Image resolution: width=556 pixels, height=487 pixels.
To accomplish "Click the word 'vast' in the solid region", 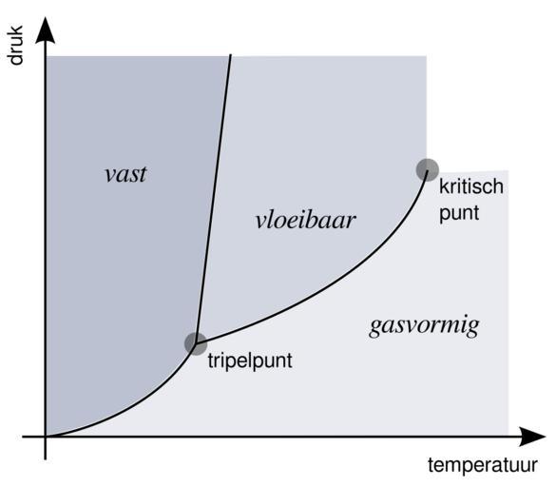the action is (x=125, y=174).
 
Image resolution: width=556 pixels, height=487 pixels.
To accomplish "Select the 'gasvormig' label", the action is (x=424, y=326).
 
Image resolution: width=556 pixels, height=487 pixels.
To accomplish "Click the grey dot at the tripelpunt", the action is (x=196, y=344).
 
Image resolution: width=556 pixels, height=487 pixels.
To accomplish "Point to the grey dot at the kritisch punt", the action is (x=428, y=170).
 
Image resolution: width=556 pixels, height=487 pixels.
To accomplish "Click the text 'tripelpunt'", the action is (x=250, y=361).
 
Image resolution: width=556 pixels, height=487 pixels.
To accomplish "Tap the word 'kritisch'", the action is (x=471, y=186).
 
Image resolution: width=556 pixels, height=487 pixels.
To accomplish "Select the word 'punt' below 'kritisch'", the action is (x=459, y=214).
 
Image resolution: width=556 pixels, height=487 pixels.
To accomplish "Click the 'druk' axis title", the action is (x=15, y=45).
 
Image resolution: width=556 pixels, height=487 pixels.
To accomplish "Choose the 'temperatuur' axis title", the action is (x=483, y=465).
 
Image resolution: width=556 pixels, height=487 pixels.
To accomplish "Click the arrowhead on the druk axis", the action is (x=45, y=29).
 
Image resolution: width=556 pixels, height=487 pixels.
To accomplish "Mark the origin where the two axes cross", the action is (x=45, y=437).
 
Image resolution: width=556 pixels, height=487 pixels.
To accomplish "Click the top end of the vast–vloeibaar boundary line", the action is (x=231, y=55).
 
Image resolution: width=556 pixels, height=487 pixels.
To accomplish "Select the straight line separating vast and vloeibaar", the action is (x=213, y=200).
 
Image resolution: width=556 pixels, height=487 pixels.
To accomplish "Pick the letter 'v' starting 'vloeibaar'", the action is (x=261, y=222).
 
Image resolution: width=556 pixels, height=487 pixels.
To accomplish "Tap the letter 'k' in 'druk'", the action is (x=15, y=30).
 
